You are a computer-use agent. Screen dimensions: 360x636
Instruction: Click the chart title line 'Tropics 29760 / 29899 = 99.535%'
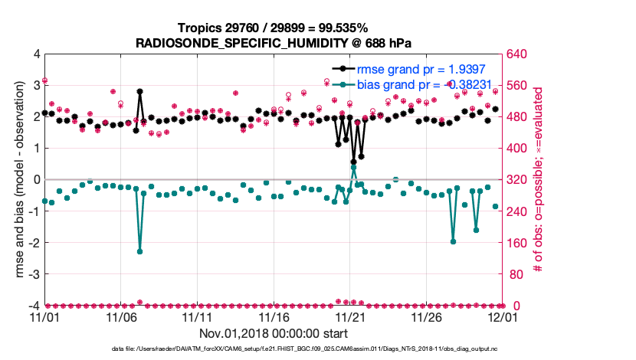pos(274,28)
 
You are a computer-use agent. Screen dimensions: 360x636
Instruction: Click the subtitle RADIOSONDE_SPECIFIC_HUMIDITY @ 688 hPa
pos(274,42)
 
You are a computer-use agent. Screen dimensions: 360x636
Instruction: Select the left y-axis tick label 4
pos(35,54)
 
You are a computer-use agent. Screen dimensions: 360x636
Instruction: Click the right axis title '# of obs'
pos(538,180)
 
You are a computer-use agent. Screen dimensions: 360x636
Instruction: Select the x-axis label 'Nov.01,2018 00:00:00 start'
pos(274,333)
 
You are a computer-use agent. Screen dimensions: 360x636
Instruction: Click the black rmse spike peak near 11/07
pos(139,91)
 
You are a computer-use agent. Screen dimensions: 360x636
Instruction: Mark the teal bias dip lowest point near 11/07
pos(139,251)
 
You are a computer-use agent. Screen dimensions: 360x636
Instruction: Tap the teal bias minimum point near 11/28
pos(453,241)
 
